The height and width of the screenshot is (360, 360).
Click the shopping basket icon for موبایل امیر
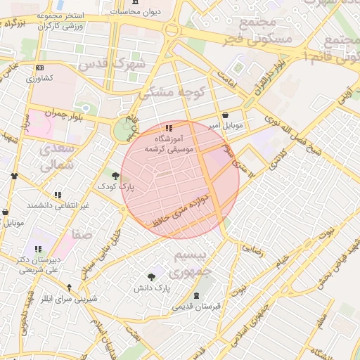(224, 115)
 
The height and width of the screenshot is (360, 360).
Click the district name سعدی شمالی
(56, 157)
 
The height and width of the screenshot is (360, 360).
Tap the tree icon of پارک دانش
(151, 278)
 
